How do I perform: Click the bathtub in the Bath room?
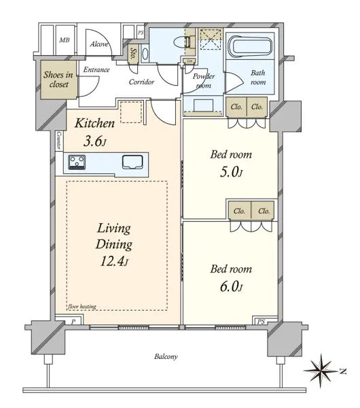coord(250,47)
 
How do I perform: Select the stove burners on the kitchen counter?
coord(77,162)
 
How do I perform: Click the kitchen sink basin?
coord(132,163)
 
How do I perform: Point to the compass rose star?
coord(321,371)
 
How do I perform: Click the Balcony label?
coord(166,356)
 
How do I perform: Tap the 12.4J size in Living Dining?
coord(114,261)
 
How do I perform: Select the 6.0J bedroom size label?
coord(231,286)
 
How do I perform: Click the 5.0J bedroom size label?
coord(231,172)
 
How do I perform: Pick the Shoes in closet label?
coord(58,80)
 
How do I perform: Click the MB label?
coord(65,40)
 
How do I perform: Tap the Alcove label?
coord(99,44)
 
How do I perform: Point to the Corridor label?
coord(141,82)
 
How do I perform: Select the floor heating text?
coord(82,307)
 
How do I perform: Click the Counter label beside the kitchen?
coord(58,140)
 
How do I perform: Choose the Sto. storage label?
coord(134,54)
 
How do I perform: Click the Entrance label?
coord(96,70)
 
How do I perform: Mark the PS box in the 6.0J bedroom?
coord(261,322)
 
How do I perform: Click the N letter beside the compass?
coord(344,371)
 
